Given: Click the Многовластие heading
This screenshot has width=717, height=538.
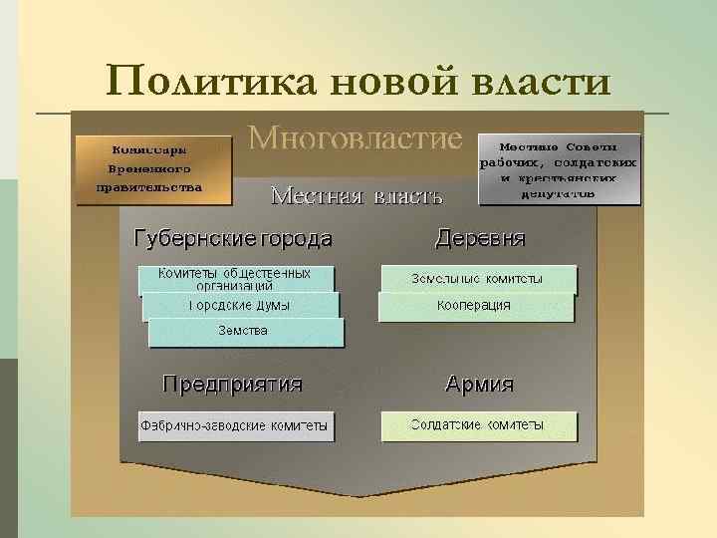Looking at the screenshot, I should tap(356, 138).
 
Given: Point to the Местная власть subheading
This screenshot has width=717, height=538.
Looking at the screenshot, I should tap(357, 194).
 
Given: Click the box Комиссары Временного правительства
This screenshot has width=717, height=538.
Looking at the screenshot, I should tap(154, 169).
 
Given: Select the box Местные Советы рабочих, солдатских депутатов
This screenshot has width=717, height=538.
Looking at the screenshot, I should tap(559, 169).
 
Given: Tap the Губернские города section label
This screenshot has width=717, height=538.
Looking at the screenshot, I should tap(233, 239).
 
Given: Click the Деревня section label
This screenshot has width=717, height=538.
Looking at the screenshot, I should tap(481, 239).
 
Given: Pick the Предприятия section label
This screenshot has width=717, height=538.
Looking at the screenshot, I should tap(233, 384).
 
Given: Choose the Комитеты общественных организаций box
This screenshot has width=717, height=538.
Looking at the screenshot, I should tap(235, 278).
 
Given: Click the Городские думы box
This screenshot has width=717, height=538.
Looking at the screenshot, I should tap(240, 306).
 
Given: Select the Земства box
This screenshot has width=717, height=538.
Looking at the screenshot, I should tap(245, 331).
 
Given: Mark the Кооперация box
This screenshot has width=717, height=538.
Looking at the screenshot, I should tap(476, 306).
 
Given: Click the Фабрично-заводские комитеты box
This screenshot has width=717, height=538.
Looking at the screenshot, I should tap(235, 426).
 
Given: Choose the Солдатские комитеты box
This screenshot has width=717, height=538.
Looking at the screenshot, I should tap(478, 426).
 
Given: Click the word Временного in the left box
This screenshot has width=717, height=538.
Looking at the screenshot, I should tap(154, 169).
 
